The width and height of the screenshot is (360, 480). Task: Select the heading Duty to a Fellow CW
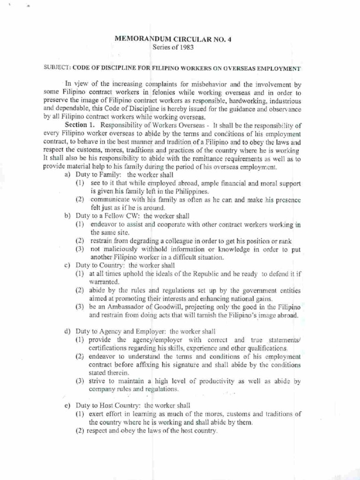click(108, 216)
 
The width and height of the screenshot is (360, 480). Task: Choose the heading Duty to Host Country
click(109, 405)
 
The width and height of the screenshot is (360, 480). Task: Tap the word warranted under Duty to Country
click(104, 282)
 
